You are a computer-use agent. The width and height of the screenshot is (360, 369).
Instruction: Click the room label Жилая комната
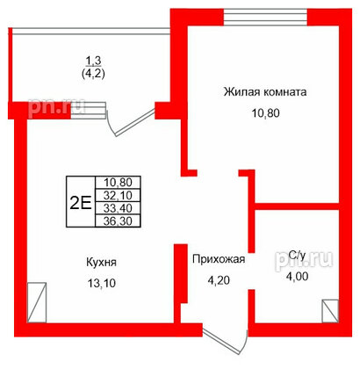click(265, 92)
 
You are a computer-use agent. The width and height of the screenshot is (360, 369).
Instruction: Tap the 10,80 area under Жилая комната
click(266, 113)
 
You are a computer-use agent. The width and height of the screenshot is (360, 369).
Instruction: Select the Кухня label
click(101, 262)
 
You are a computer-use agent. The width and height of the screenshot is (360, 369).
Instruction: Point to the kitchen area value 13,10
click(101, 283)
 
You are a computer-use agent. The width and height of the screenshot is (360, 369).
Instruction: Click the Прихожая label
click(219, 259)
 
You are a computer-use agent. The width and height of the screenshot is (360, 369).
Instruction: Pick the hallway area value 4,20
click(219, 280)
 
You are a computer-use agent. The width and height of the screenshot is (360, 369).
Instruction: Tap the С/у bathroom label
click(297, 256)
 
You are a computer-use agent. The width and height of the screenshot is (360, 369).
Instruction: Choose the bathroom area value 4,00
click(297, 276)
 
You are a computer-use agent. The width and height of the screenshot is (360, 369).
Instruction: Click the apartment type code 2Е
click(81, 201)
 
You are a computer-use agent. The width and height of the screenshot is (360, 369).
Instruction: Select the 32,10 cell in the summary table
click(118, 195)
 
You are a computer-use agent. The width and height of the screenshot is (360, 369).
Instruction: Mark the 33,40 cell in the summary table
click(118, 208)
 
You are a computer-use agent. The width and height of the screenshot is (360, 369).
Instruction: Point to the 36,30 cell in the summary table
click(118, 221)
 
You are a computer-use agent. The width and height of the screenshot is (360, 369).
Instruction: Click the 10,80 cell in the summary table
click(118, 183)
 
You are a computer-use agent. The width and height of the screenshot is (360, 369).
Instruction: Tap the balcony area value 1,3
click(93, 61)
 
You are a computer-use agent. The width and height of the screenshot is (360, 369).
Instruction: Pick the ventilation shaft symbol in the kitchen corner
click(37, 302)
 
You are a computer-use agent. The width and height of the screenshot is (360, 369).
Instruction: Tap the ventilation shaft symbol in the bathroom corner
click(330, 311)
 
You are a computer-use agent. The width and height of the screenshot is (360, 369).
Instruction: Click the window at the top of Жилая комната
click(265, 18)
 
